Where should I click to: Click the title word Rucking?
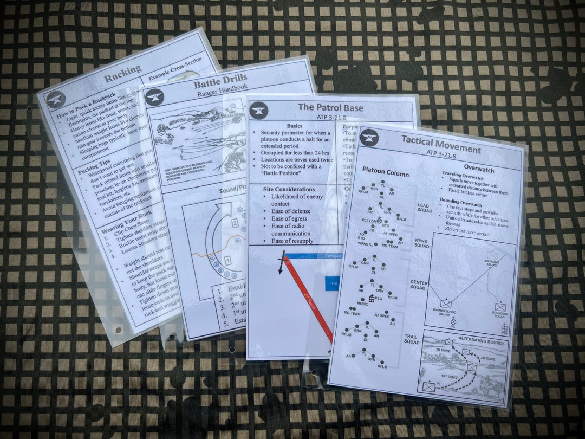pos(122,72)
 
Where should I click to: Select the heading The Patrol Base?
pos(330,107)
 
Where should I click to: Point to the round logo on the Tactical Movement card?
pos(369,137)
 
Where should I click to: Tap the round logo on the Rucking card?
pos(56,99)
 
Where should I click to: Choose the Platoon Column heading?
pos(386,173)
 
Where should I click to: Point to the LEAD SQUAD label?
pos(425,208)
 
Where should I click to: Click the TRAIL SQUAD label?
pos(412,339)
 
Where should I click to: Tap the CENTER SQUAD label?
pos(419,285)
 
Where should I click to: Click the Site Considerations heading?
pos(289,189)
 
